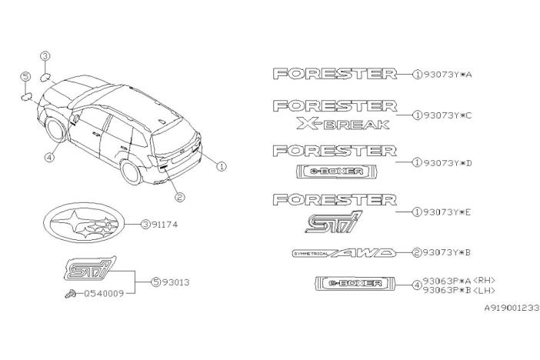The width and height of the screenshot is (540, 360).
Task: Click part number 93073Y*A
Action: click(x=447, y=74)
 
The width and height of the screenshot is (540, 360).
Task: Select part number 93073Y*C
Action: click(x=447, y=115)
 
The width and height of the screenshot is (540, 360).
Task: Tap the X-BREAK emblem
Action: click(x=343, y=124)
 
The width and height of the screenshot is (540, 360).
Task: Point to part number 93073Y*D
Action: click(x=447, y=162)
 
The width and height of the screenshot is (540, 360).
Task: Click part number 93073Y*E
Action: click(x=447, y=212)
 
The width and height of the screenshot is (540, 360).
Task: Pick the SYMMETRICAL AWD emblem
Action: click(x=344, y=253)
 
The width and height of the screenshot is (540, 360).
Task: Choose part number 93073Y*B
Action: click(x=447, y=252)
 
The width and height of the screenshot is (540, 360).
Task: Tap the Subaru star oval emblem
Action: click(x=85, y=222)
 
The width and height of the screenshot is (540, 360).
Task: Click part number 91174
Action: click(x=165, y=225)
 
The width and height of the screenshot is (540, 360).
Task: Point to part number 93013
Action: click(x=175, y=282)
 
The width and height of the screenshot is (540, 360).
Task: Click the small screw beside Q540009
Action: click(x=71, y=294)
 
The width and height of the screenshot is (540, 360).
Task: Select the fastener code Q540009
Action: click(x=104, y=294)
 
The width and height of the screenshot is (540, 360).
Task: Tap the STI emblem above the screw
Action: click(x=90, y=268)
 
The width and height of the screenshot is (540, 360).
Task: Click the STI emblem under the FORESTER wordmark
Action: click(x=333, y=222)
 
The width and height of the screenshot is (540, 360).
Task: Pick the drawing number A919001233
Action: click(x=512, y=308)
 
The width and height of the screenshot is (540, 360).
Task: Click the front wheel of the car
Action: click(x=55, y=129)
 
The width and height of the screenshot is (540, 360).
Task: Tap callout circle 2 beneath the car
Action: click(x=179, y=197)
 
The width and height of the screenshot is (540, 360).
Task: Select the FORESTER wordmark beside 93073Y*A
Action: click(x=335, y=74)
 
